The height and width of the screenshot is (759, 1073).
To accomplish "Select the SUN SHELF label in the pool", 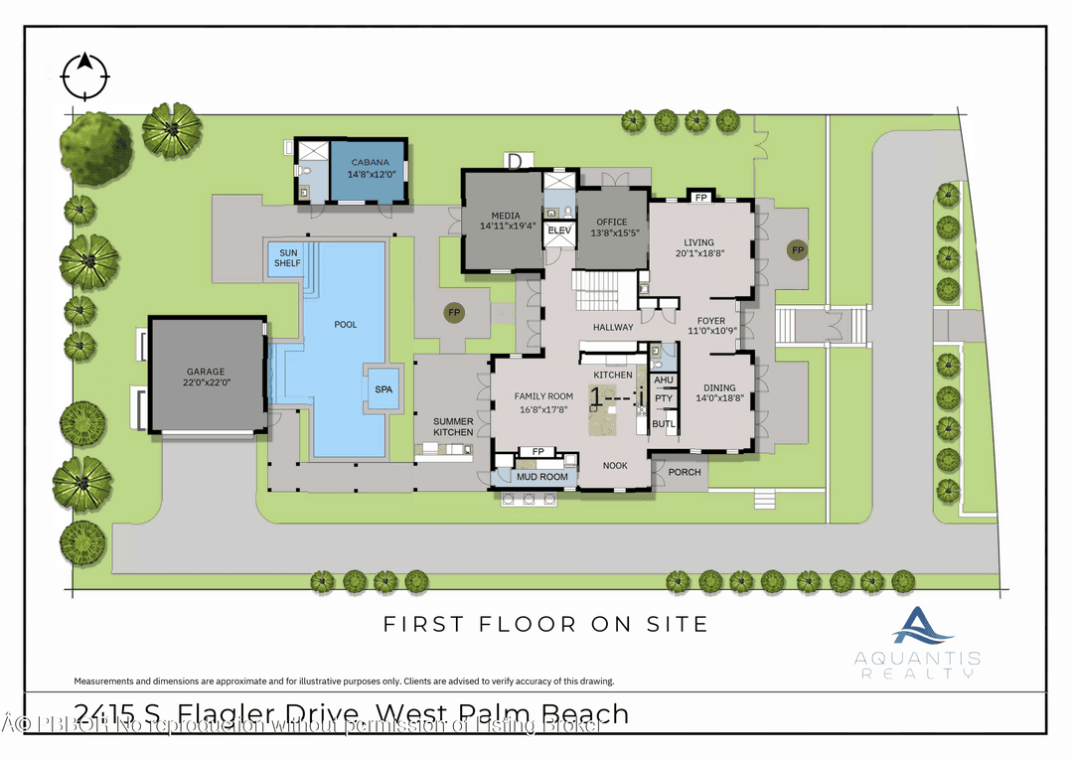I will pos(287,257).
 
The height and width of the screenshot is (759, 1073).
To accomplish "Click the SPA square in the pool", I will pos(383,388).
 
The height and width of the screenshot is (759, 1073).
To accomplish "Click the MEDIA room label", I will pos(507,221).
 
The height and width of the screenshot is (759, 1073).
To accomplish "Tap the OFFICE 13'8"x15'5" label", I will pos(611,228).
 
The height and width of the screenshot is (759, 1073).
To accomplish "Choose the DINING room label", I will pos(720,387).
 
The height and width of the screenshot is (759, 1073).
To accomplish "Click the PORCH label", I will pos(684,472).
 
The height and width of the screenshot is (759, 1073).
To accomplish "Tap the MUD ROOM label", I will pos(542,478).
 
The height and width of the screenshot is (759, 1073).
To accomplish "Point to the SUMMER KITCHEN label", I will pos(453,426).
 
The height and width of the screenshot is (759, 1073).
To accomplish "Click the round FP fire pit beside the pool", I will pos(454,312).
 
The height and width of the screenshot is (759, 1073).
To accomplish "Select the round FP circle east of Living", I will pos(797,249).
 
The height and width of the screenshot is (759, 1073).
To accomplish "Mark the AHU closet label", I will pos(664,379).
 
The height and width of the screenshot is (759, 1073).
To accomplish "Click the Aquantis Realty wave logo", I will pos(922,626).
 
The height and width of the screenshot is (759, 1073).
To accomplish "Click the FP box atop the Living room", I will pos(700,197).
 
